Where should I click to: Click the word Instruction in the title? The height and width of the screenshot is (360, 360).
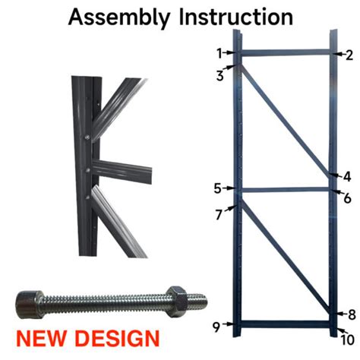click(234, 16)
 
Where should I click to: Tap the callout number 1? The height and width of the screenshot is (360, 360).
click(219, 53)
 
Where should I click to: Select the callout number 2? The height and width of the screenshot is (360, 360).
click(349, 55)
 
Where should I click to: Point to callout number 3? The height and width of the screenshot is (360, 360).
click(219, 74)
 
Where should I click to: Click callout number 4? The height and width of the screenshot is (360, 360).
click(347, 176)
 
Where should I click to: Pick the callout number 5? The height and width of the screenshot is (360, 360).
click(217, 188)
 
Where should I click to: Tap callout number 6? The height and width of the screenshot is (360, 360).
click(347, 198)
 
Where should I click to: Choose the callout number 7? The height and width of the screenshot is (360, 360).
click(218, 215)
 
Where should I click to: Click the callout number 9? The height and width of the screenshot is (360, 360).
click(216, 327)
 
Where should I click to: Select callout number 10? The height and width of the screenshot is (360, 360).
click(348, 339)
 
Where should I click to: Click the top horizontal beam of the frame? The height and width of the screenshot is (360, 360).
click(285, 53)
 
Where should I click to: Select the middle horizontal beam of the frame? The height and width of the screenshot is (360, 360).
click(285, 189)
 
